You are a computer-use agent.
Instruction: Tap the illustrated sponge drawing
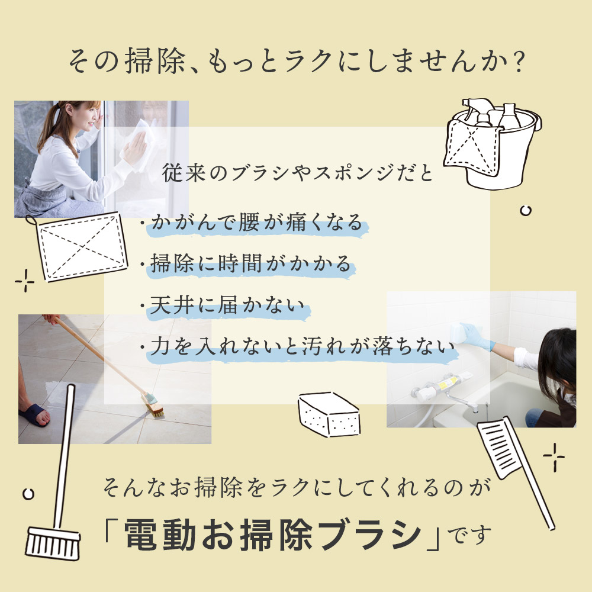tap(329, 414)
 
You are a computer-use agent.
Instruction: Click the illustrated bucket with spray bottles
tap(493, 143)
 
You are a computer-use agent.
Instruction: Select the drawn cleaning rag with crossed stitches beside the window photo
tap(80, 247)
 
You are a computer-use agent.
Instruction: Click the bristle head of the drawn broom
tap(53, 543)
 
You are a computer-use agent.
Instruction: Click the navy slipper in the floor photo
tap(34, 415)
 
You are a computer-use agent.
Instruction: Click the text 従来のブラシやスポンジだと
tap(298, 173)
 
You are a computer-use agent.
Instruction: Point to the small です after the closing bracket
tap(469, 535)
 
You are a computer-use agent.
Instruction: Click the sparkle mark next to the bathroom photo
tap(554, 457)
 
